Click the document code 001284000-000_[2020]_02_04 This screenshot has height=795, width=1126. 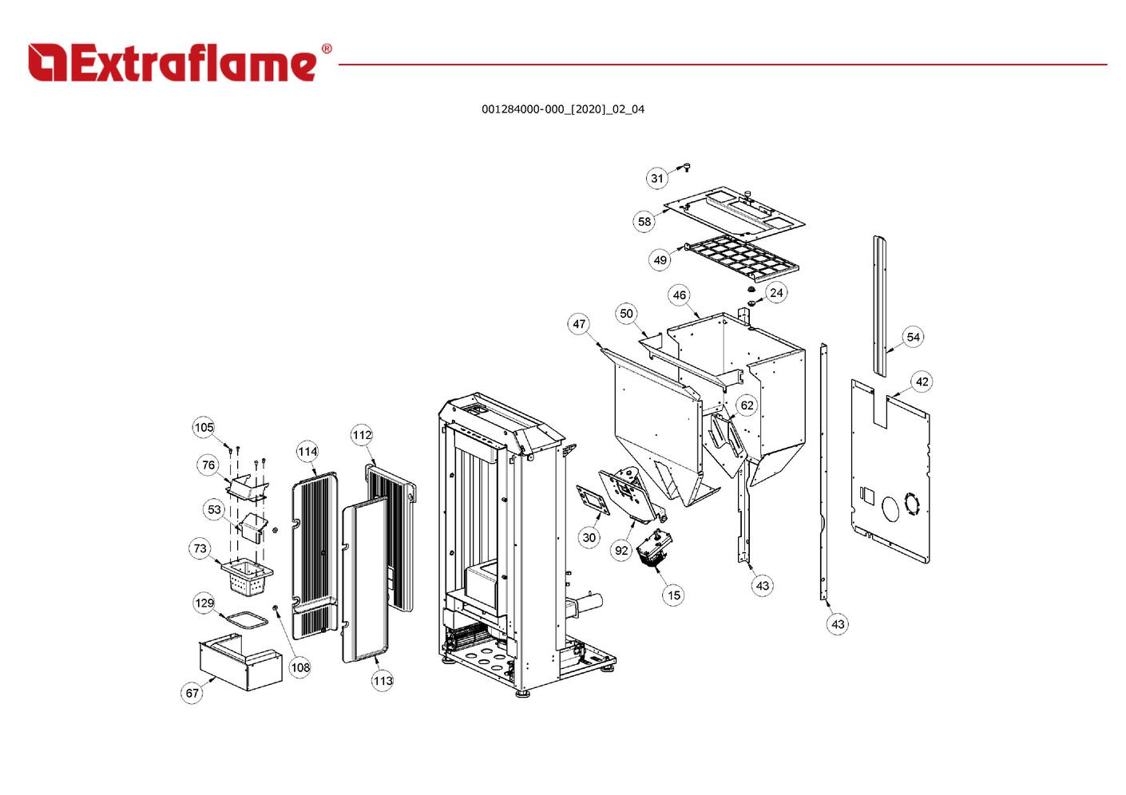coord(562,109)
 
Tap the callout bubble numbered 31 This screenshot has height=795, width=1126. coord(656,178)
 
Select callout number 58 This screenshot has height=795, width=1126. coord(644,221)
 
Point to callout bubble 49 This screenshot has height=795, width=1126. coord(660,259)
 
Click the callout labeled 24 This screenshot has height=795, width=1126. coord(776,292)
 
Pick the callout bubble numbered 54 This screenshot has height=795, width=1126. coord(913,337)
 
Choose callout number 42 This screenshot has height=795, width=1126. coord(922,382)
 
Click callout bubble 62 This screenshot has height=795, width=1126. coord(747,405)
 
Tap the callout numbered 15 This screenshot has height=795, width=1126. coord(674,595)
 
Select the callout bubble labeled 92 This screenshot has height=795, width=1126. coord(622,550)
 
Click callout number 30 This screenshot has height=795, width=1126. coord(589,537)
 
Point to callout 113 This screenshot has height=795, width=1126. coord(383,680)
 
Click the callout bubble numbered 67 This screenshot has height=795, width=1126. coord(192,693)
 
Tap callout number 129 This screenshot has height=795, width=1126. coord(204,603)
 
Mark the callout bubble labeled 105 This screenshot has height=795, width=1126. coord(204,427)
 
